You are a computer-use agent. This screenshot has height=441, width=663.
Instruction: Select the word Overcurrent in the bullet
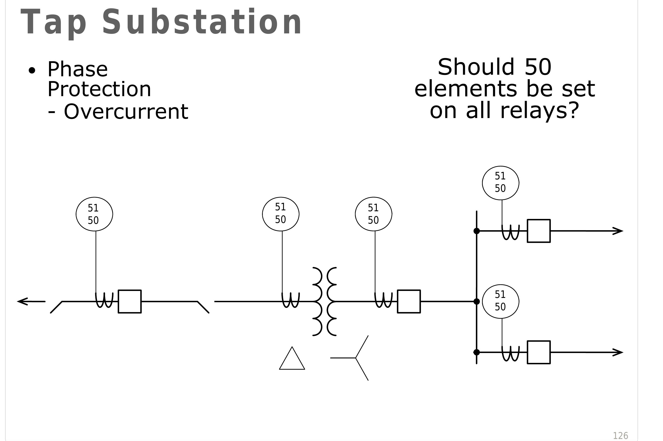point(126,112)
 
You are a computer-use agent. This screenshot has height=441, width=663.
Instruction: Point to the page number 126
point(620,436)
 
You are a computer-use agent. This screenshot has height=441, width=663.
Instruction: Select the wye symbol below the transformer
point(356,358)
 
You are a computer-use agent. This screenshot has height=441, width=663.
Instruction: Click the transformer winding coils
point(324,302)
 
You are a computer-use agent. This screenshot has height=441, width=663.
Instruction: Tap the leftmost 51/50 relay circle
point(94,214)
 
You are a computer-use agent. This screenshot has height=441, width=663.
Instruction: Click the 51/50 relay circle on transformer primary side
point(281,214)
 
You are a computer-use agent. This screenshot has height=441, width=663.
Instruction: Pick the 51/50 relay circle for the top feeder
point(501,183)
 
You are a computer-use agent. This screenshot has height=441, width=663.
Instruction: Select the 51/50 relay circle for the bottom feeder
point(501,302)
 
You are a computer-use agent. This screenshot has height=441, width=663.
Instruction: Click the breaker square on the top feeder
point(539,231)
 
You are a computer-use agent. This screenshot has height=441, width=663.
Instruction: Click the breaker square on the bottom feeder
point(539,352)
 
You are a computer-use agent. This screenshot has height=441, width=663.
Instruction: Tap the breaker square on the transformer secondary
point(409,302)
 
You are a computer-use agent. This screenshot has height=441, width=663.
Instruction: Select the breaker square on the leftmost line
point(129,302)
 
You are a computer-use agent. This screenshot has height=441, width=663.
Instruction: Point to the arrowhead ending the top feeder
point(618,231)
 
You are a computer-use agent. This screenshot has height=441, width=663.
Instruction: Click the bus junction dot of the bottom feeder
point(477,352)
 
